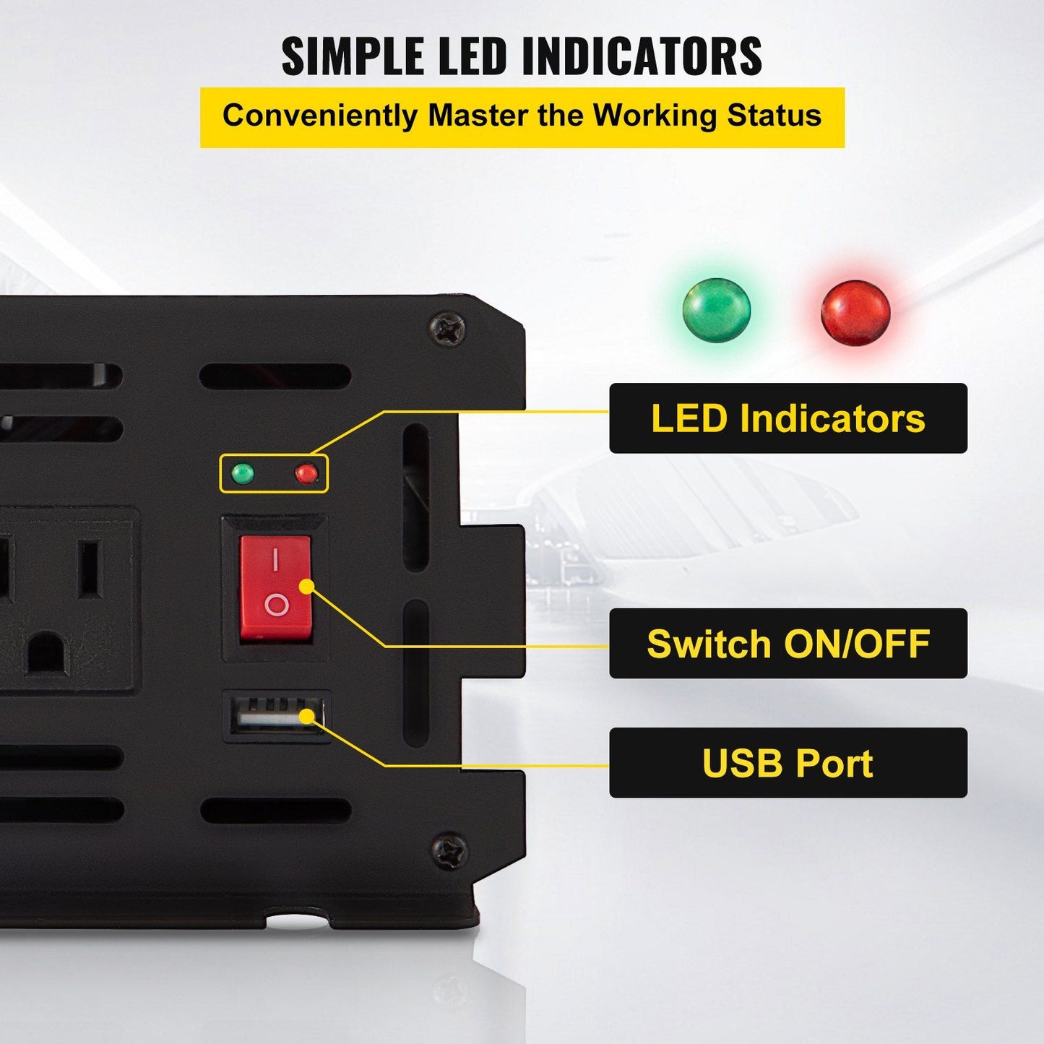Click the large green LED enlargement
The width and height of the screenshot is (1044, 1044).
point(717,311)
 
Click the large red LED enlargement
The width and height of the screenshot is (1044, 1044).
point(855,312)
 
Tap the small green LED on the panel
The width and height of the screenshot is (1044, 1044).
point(243,474)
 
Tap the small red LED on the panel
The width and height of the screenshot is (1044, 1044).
point(306,474)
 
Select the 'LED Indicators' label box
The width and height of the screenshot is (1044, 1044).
point(788,418)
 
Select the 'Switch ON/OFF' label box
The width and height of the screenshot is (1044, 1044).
point(788,643)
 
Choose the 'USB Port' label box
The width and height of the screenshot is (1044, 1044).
point(788,763)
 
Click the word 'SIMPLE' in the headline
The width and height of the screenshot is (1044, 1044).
point(352,56)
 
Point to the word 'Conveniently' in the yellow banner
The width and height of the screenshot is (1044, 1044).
point(320,116)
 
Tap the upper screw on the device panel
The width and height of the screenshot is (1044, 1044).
point(448,330)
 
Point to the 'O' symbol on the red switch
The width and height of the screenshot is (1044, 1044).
point(276,605)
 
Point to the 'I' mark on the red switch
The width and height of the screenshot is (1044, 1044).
point(275,559)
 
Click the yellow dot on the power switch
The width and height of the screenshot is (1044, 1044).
point(306,586)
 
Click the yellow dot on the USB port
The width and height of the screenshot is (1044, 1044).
point(307,716)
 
